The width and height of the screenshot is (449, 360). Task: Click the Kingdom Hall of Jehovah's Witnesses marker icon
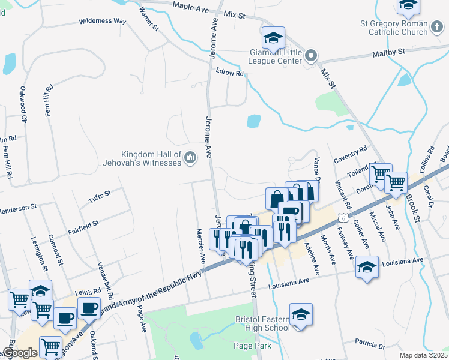(x=191, y=157)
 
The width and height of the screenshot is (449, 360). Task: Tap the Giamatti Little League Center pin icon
(x=311, y=56)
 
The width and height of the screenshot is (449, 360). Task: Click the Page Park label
(x=253, y=346)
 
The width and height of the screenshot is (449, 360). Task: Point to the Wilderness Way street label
(x=103, y=21)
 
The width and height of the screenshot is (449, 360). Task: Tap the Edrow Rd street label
(x=230, y=73)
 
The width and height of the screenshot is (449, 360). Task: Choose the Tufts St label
(x=100, y=194)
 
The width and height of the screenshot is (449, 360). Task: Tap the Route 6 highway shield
(x=342, y=213)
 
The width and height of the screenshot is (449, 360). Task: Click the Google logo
(x=20, y=353)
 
